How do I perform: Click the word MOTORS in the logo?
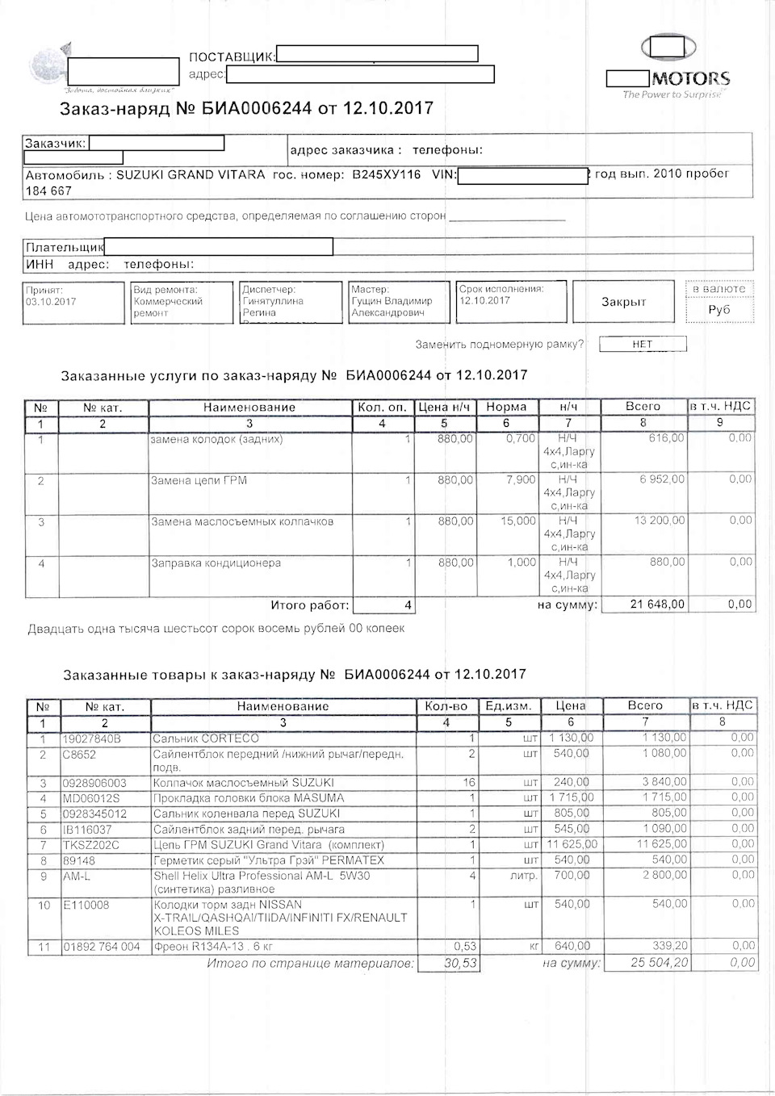click(x=690, y=78)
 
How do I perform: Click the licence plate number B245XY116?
click(x=387, y=174)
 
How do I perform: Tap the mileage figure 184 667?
click(x=48, y=191)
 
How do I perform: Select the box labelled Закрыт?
click(x=623, y=302)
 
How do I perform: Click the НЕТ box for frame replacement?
click(x=642, y=344)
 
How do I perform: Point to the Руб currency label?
click(x=718, y=309)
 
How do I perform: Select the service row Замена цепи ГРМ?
click(x=199, y=480)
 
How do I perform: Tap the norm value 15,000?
click(x=518, y=521)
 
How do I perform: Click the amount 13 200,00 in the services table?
click(x=659, y=521)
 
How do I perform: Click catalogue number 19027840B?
click(x=91, y=738)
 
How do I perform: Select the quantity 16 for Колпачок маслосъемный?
click(x=468, y=783)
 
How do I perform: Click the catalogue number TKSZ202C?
click(x=91, y=844)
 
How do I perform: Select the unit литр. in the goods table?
click(x=524, y=875)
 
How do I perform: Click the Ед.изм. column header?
click(x=509, y=706)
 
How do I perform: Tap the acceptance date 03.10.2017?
click(x=50, y=301)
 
